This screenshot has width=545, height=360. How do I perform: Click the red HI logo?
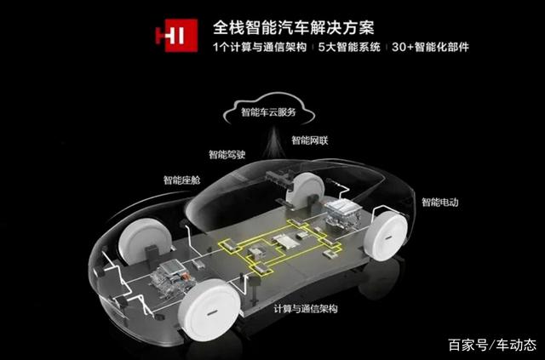tap(176, 36)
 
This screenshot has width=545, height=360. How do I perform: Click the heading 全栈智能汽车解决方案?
tap(294, 28)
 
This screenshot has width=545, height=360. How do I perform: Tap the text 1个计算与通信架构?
tap(260, 47)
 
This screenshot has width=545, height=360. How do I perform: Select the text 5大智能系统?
tap(349, 47)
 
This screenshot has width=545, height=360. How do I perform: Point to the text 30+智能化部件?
tap(430, 47)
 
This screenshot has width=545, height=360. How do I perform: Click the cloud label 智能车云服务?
tap(269, 112)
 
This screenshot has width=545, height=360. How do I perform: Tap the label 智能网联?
tap(310, 140)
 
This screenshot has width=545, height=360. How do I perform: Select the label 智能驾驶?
tap(227, 155)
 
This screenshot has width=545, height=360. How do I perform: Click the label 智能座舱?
tap(181, 180)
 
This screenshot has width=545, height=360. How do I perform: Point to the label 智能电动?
tap(440, 203)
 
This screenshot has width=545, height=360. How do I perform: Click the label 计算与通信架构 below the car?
tap(306, 309)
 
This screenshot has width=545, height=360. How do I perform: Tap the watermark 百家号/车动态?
tap(492, 345)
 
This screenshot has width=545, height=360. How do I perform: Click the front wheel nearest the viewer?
tap(209, 310)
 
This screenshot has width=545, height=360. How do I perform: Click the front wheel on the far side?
tap(145, 241)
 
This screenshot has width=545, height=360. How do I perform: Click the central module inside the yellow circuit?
tap(283, 241)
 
